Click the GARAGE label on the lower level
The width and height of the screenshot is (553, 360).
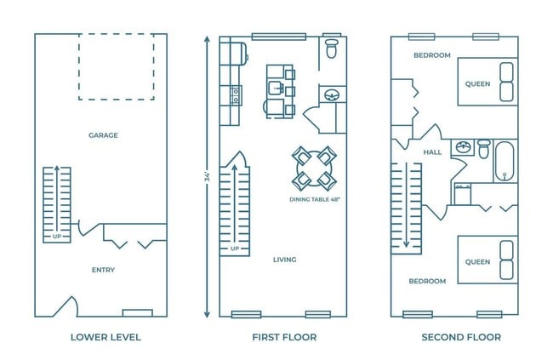point(103,134)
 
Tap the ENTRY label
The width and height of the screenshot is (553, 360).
point(103,270)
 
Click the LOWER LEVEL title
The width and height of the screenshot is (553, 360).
point(105,337)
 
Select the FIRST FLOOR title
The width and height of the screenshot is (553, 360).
point(284,337)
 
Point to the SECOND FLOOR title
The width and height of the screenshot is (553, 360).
point(461,337)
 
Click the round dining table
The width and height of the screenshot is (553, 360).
point(314,168)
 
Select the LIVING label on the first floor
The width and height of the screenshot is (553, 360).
point(284,260)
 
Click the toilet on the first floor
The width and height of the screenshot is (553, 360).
point(332,49)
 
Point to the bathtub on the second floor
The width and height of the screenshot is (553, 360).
point(504,162)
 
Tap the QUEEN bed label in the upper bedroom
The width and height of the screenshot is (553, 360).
point(477,83)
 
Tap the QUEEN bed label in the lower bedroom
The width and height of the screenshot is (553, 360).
point(477,261)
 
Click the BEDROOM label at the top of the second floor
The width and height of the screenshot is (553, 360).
point(431,55)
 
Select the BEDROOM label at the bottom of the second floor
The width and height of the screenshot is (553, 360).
point(426,281)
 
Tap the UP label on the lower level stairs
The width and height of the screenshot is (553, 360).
point(57,236)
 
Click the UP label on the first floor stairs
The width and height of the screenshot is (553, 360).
point(234,249)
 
